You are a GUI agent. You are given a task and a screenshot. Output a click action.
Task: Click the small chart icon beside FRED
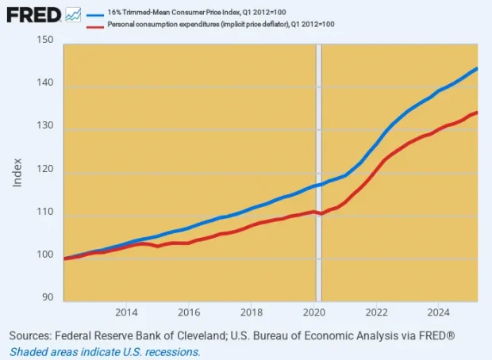73,13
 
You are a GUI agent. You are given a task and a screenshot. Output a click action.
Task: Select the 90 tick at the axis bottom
47,297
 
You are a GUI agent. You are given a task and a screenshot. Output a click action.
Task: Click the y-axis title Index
17,170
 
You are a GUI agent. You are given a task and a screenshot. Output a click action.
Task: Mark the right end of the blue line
476,69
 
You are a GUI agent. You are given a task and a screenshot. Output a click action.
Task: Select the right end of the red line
476,113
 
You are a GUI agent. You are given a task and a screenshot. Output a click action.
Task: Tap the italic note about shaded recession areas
106,351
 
